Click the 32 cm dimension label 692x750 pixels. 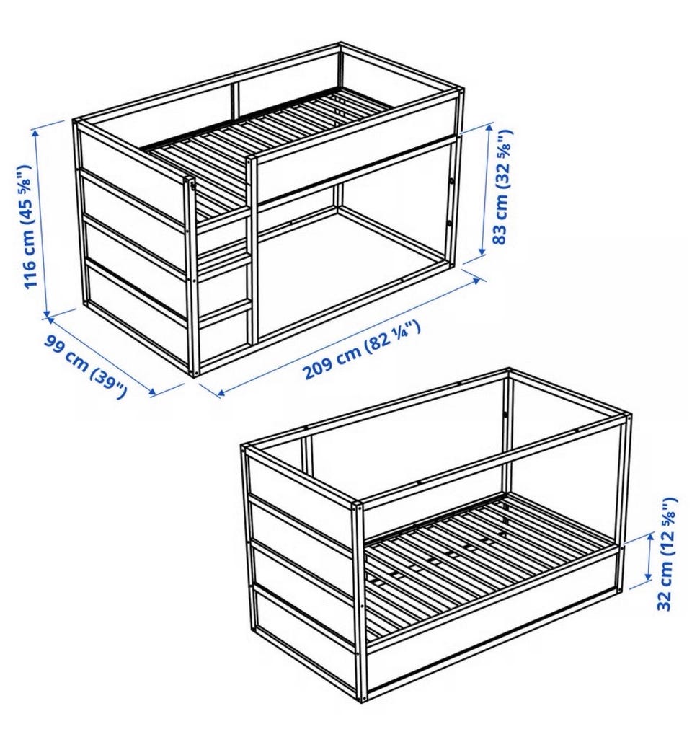pos(667,554)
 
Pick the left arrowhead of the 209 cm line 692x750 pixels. pos(220,394)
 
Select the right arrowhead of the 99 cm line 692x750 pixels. pos(152,392)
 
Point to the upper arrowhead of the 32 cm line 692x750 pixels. pos(650,538)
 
